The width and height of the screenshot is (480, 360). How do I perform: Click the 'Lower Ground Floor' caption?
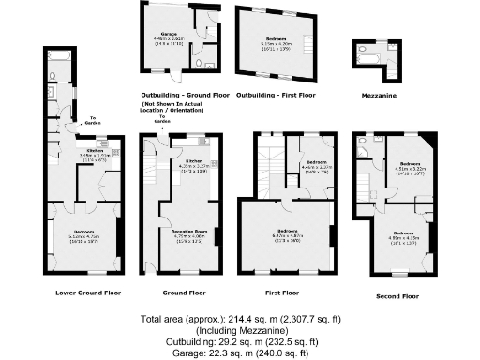[87, 292]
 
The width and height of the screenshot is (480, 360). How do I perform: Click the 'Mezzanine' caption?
[375, 95]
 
